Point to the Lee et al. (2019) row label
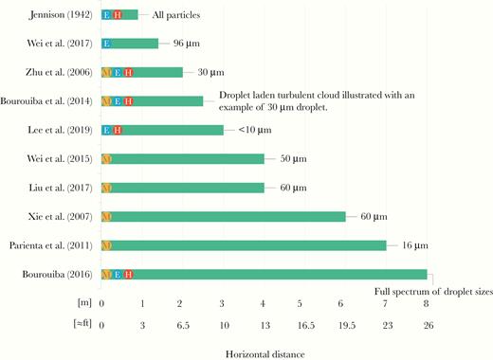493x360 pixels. [63, 130]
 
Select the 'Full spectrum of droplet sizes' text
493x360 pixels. [434, 291]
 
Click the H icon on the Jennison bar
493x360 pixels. [118, 15]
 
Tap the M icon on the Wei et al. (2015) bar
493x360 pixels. [106, 158]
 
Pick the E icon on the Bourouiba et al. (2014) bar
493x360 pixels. [117, 100]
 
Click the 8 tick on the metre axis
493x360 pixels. [427, 304]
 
